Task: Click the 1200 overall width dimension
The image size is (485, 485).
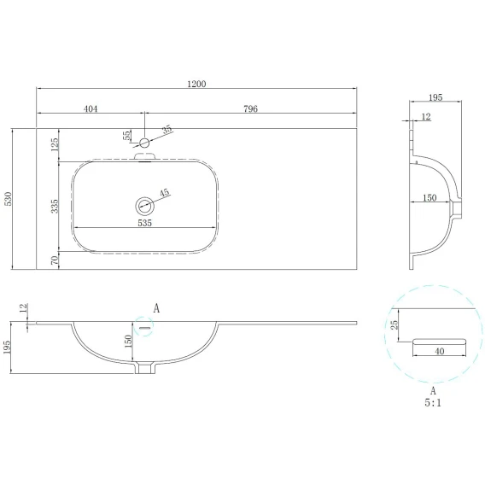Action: pyautogui.click(x=196, y=84)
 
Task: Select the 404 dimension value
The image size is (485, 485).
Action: pyautogui.click(x=91, y=109)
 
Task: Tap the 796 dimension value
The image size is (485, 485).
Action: pyautogui.click(x=250, y=109)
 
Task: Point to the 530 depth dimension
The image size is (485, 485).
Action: pyautogui.click(x=8, y=199)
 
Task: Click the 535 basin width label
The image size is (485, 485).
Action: pyautogui.click(x=145, y=223)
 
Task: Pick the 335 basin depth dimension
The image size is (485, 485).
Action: pyautogui.click(x=55, y=206)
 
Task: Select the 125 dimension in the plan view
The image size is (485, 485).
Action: pyautogui.click(x=55, y=144)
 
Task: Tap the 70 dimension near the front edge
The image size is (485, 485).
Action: pyautogui.click(x=55, y=260)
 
